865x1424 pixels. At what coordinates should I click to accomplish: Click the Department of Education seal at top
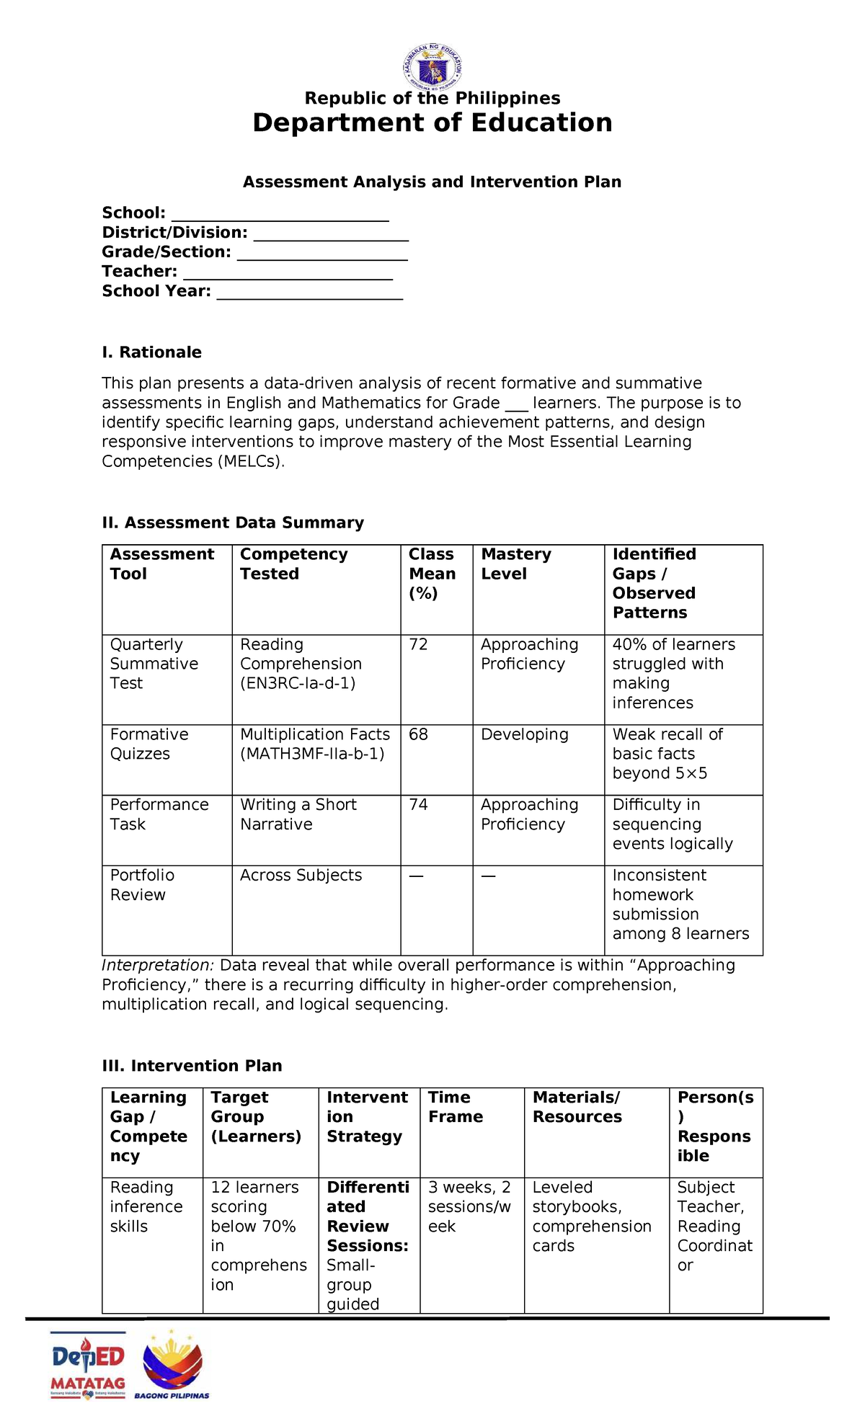[x=432, y=68]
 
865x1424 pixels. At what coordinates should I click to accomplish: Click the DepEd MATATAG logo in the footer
[x=88, y=1365]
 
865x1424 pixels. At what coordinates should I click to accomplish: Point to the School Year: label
[x=156, y=291]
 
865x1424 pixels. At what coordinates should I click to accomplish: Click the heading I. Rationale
[x=151, y=352]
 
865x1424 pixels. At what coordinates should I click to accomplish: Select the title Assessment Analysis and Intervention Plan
[x=432, y=182]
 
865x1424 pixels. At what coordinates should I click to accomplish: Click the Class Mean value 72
[x=418, y=644]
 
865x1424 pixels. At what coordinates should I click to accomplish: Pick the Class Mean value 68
[x=418, y=734]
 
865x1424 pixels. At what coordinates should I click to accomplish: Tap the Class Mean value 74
[x=418, y=804]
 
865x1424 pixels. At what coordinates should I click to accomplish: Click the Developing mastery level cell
[x=524, y=734]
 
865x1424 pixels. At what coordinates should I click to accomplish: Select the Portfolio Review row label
[x=142, y=885]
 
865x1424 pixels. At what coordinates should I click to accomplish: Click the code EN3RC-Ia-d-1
[x=298, y=683]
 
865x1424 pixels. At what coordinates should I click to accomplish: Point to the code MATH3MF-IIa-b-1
[x=312, y=754]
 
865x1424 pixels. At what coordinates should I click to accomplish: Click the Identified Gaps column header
[x=654, y=583]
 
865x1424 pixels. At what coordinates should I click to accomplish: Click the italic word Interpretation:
[x=158, y=965]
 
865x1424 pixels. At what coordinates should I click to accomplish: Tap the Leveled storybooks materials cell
[x=591, y=1216]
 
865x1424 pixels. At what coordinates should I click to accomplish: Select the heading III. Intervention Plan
[x=192, y=1066]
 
